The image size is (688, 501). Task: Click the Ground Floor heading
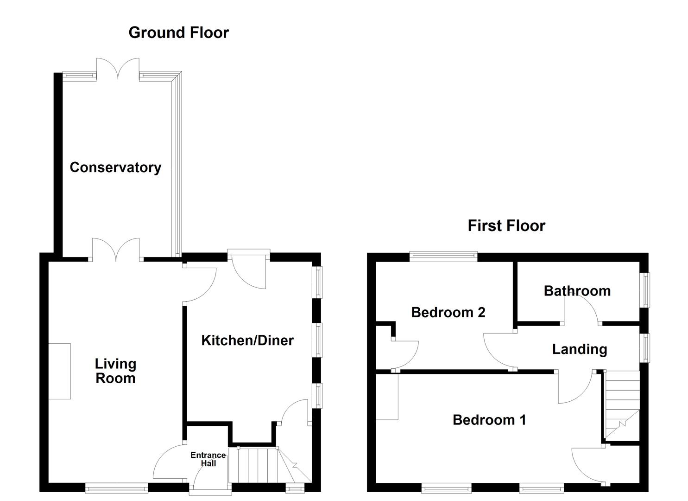coord(178,32)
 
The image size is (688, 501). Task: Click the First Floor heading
coord(506,226)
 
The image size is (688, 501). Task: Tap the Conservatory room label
coord(115,167)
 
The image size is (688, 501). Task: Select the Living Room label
coord(115,371)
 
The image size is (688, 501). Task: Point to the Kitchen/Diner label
coord(247,340)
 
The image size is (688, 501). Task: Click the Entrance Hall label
coord(208,459)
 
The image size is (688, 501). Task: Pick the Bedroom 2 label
coord(448,312)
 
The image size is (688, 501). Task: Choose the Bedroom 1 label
coord(489,420)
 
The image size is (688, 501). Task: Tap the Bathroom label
coord(577,291)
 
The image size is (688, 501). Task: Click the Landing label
coord(579,349)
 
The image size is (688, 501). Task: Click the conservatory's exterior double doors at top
coord(118,70)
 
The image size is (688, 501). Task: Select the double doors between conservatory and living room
coord(116,250)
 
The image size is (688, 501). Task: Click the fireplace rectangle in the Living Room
coord(59,371)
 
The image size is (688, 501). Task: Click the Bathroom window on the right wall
coord(645,290)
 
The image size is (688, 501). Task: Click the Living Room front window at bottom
coord(117,488)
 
